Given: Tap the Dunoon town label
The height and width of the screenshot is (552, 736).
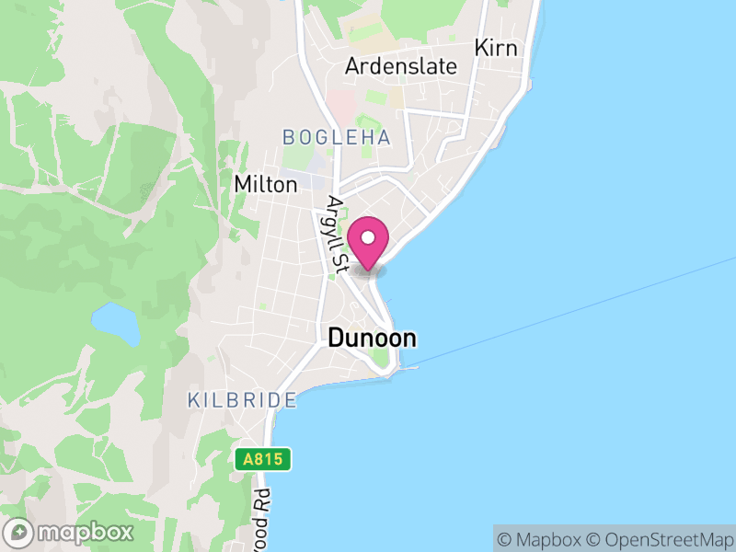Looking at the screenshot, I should pyautogui.click(x=372, y=339).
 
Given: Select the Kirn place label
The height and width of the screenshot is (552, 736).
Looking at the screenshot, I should pyautogui.click(x=496, y=48).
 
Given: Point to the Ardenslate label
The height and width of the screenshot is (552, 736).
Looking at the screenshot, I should pyautogui.click(x=400, y=67).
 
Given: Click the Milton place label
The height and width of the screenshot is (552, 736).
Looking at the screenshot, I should pyautogui.click(x=266, y=184).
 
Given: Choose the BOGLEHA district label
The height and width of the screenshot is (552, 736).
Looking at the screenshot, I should pyautogui.click(x=337, y=137).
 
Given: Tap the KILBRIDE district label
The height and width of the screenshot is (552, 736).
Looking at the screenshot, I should pyautogui.click(x=242, y=400).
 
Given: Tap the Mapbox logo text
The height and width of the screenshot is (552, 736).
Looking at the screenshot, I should pyautogui.click(x=85, y=532).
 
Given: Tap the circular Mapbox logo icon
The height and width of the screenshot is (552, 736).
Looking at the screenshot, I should pyautogui.click(x=18, y=532).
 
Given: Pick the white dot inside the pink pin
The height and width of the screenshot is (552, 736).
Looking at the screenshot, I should pyautogui.click(x=369, y=237).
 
